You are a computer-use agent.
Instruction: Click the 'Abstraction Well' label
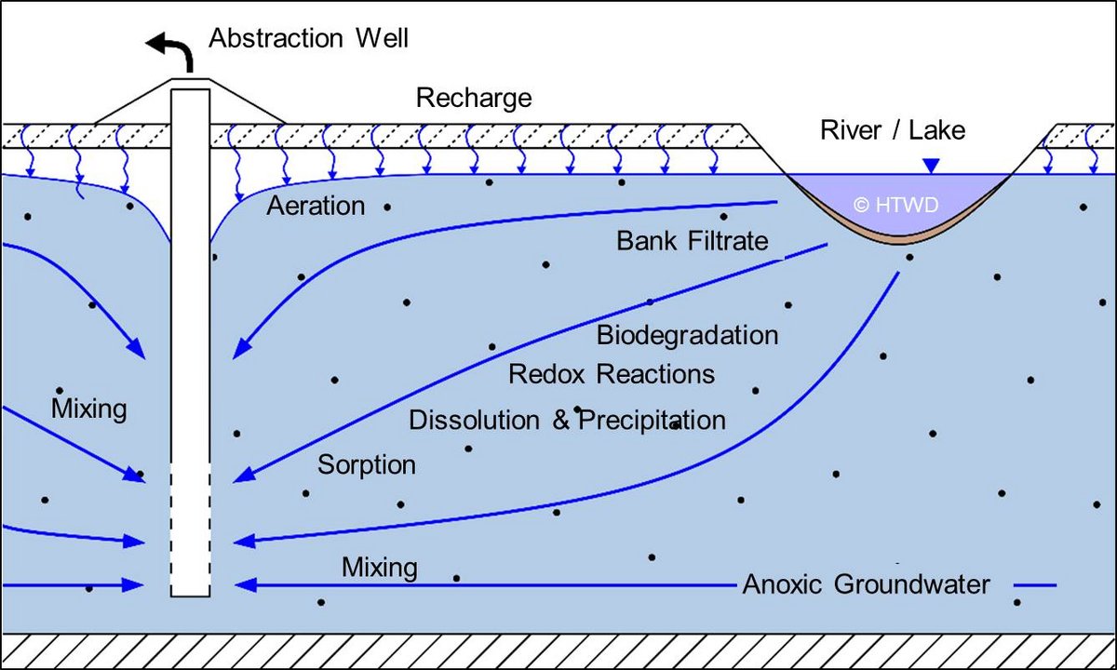(308, 39)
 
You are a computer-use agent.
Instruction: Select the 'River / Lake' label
(892, 129)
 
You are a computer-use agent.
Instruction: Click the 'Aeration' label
(316, 207)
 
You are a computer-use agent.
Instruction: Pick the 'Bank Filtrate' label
(693, 241)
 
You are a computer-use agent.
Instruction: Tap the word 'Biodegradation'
(687, 334)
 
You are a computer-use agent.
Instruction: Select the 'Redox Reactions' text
(612, 374)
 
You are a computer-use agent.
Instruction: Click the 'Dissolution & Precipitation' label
(567, 421)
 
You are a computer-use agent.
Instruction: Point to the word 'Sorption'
(367, 464)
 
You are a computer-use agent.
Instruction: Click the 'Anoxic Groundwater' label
(866, 585)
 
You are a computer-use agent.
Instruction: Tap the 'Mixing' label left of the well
(89, 409)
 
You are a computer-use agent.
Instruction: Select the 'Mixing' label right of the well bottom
(379, 567)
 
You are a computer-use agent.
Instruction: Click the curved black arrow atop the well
(174, 54)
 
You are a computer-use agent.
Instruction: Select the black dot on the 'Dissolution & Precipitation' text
(578, 409)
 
